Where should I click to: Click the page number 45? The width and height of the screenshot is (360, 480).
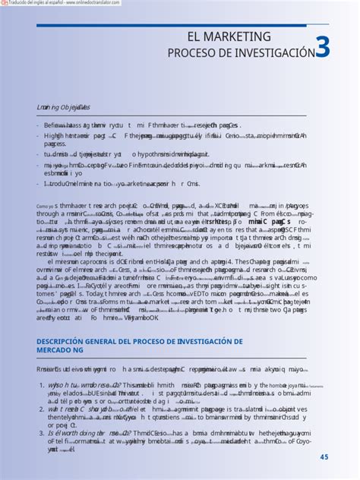(324, 456)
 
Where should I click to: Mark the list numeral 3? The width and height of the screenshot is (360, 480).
(41, 432)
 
